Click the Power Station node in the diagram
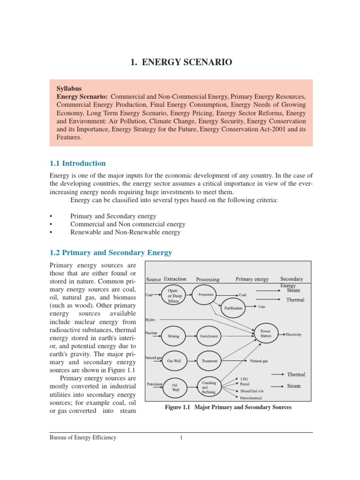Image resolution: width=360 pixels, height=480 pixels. (x=266, y=334)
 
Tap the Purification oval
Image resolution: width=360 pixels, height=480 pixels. (x=233, y=308)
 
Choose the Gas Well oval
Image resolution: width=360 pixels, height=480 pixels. (x=174, y=361)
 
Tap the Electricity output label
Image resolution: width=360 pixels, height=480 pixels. (x=294, y=335)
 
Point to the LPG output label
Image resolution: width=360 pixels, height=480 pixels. (x=244, y=378)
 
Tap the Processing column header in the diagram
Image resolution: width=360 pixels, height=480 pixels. (x=208, y=279)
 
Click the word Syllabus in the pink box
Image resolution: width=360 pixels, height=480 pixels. (x=69, y=88)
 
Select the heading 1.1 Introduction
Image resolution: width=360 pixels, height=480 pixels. (x=78, y=163)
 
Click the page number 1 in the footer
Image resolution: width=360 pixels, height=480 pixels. (x=180, y=438)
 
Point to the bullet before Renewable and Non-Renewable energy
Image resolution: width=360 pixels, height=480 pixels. (x=51, y=232)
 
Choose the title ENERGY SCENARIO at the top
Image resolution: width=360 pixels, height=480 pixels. (x=180, y=62)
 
